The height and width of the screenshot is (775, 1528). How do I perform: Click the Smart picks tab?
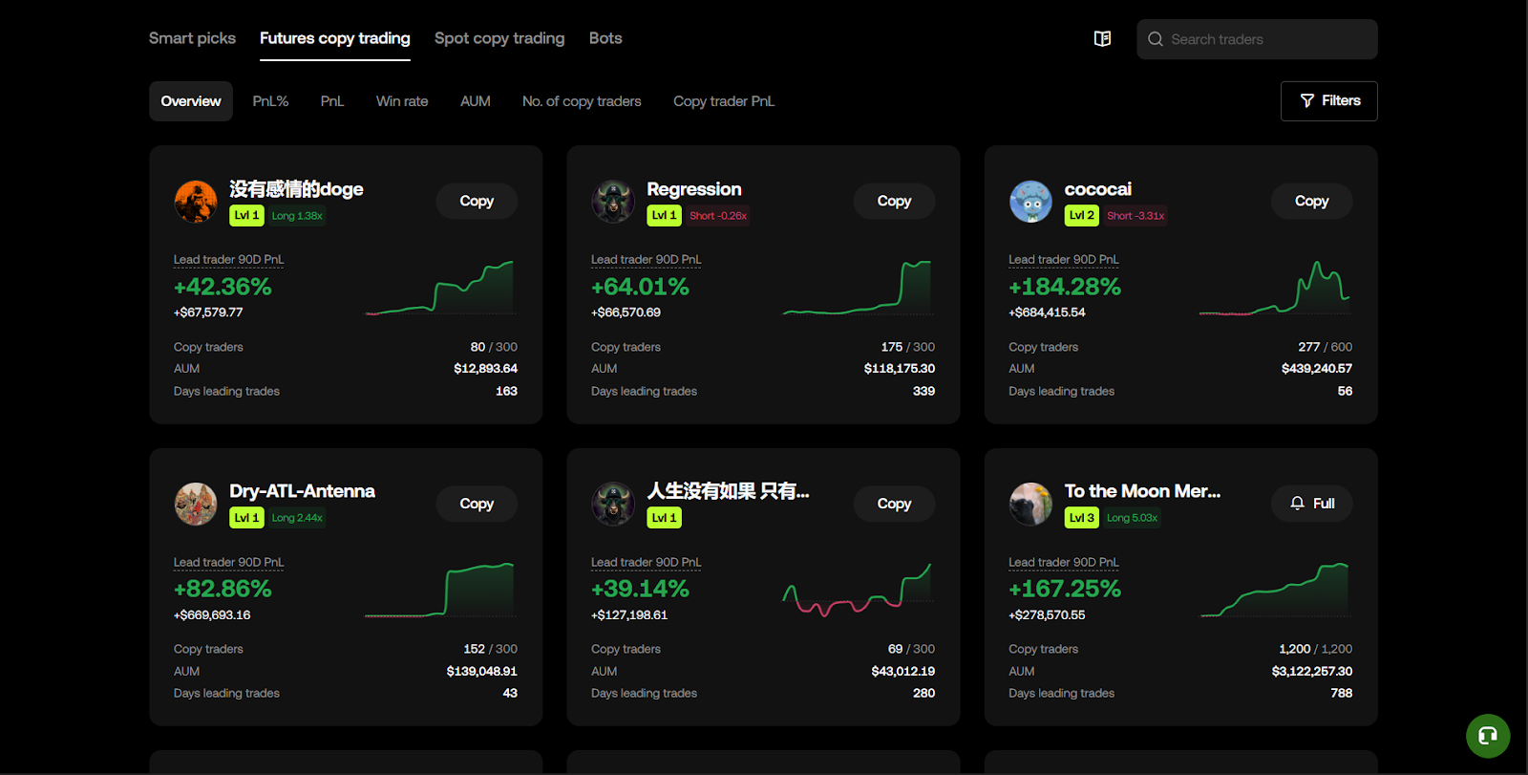tap(192, 38)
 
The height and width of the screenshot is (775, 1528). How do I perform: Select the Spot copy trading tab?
tap(499, 38)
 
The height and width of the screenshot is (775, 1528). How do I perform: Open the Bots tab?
tap(605, 38)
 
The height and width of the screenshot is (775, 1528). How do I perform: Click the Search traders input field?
tap(1264, 39)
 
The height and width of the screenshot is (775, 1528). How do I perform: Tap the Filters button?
tap(1328, 100)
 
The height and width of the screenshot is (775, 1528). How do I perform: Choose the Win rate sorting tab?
tap(401, 101)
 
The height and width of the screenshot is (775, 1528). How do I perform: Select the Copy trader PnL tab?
tap(723, 101)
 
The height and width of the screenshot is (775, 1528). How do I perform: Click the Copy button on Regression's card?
tap(893, 201)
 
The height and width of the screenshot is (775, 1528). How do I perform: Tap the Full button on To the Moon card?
tap(1311, 504)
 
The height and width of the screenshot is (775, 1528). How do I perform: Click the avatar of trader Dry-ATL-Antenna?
tap(196, 504)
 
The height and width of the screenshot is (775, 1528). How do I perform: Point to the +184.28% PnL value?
tap(1064, 287)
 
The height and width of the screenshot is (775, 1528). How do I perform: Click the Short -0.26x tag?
tap(718, 216)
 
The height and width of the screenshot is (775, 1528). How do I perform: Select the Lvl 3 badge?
tap(1081, 518)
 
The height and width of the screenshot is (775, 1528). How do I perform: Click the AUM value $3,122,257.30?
tap(1311, 671)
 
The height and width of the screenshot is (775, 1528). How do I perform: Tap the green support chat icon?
tap(1487, 736)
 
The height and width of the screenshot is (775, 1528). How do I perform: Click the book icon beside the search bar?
tap(1102, 39)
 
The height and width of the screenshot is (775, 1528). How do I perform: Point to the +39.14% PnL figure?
tap(640, 589)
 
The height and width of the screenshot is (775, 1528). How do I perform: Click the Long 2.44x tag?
tap(297, 518)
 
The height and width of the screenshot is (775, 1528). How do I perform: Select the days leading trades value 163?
tap(506, 391)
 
